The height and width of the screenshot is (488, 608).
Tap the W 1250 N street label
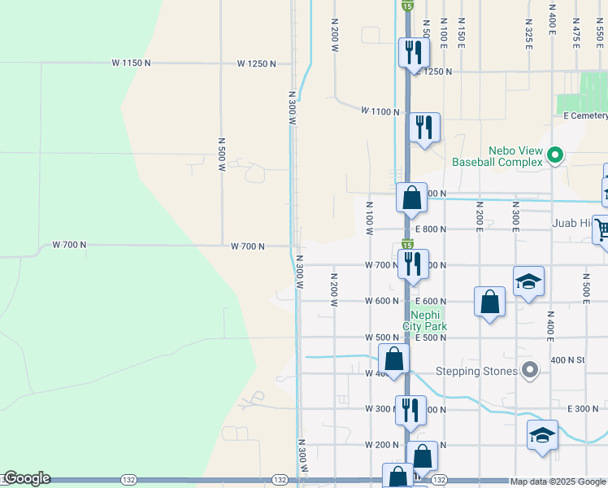[x=257, y=63]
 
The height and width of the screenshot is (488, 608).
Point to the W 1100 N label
[x=380, y=111]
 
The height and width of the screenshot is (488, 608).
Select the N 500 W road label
[x=221, y=154]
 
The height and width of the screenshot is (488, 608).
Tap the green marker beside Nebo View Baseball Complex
[x=556, y=154]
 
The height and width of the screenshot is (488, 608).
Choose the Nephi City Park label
[x=429, y=320]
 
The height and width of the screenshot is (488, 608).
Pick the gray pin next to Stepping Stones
[x=530, y=371]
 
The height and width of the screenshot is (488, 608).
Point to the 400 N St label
[x=568, y=359]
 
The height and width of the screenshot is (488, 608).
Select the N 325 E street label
[x=528, y=33]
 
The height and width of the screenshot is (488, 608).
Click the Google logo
[x=27, y=479]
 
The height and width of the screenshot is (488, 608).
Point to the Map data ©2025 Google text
[x=558, y=481]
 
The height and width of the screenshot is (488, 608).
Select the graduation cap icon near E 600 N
[x=528, y=281]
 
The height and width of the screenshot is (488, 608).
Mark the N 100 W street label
[x=369, y=219]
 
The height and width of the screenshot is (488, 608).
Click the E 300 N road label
[x=582, y=408]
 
